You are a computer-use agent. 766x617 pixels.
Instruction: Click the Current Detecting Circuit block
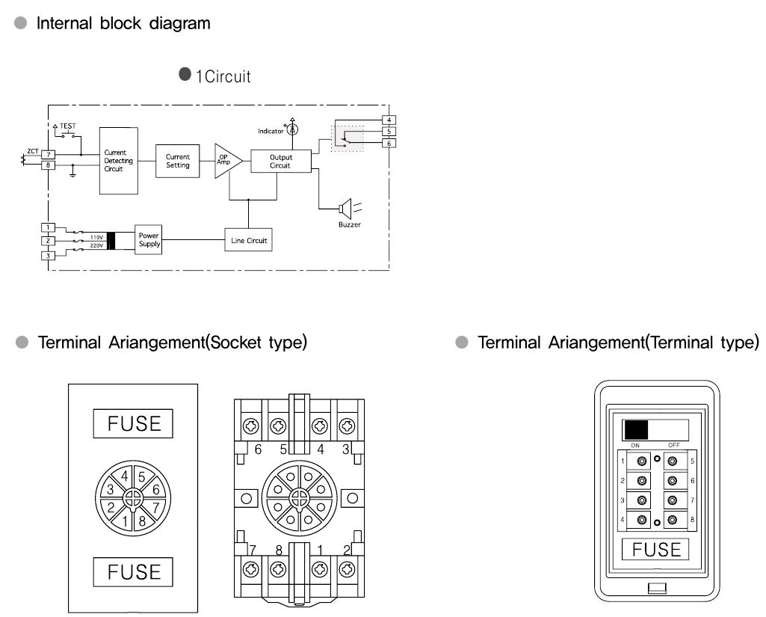click(x=119, y=161)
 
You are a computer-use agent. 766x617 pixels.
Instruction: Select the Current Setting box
click(x=178, y=161)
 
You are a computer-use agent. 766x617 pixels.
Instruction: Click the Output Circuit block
click(x=280, y=161)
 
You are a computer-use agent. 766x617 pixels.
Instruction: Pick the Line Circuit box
click(x=247, y=241)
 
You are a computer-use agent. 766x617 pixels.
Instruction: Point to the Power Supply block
click(x=149, y=240)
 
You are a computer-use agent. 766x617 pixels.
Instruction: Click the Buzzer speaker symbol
click(x=345, y=207)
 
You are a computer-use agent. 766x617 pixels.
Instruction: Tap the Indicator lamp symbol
click(x=293, y=129)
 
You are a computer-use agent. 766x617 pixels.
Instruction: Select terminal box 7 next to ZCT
click(x=49, y=154)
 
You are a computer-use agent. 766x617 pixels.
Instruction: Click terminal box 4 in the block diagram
click(x=388, y=120)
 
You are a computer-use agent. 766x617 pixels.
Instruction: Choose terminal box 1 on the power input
click(x=47, y=227)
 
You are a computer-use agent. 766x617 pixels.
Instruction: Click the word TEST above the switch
click(x=69, y=126)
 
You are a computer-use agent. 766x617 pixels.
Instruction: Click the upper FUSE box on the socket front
click(x=134, y=423)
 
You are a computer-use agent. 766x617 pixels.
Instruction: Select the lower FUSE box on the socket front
click(x=134, y=572)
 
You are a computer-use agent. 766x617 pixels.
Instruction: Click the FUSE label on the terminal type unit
click(x=657, y=550)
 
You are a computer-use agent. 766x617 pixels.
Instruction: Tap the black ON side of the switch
click(x=637, y=429)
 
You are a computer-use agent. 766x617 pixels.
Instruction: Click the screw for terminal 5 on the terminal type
click(x=672, y=461)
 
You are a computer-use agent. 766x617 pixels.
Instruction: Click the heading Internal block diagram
click(x=124, y=23)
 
